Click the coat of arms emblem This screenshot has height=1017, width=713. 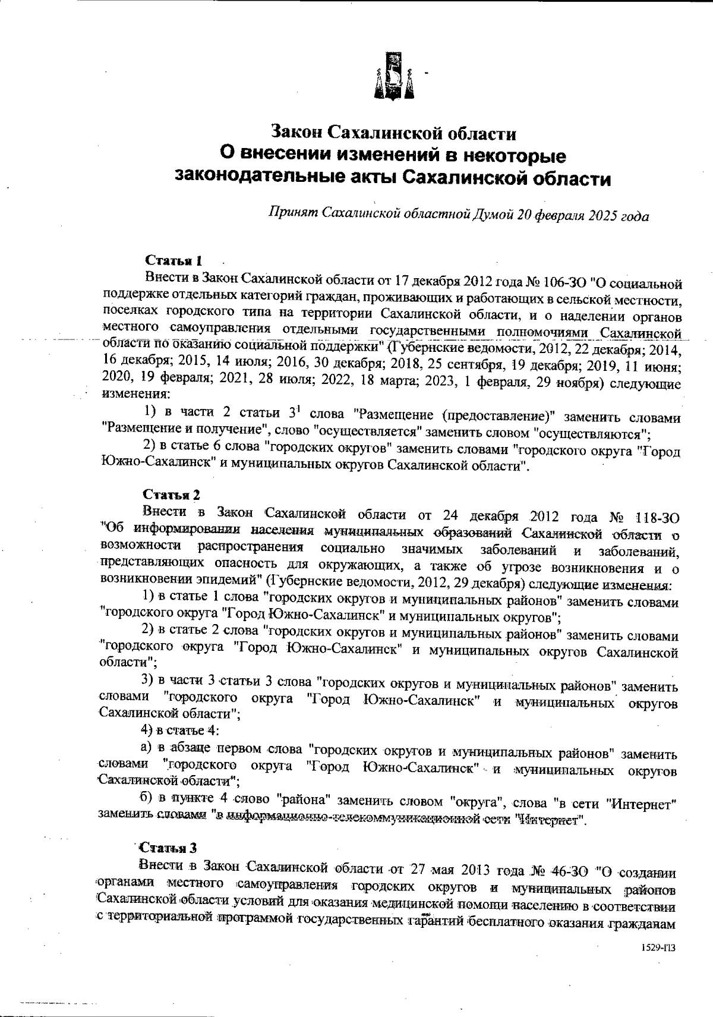coord(393,76)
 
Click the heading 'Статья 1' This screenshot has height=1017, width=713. coord(174,260)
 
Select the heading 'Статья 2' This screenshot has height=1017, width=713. coord(172,495)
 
